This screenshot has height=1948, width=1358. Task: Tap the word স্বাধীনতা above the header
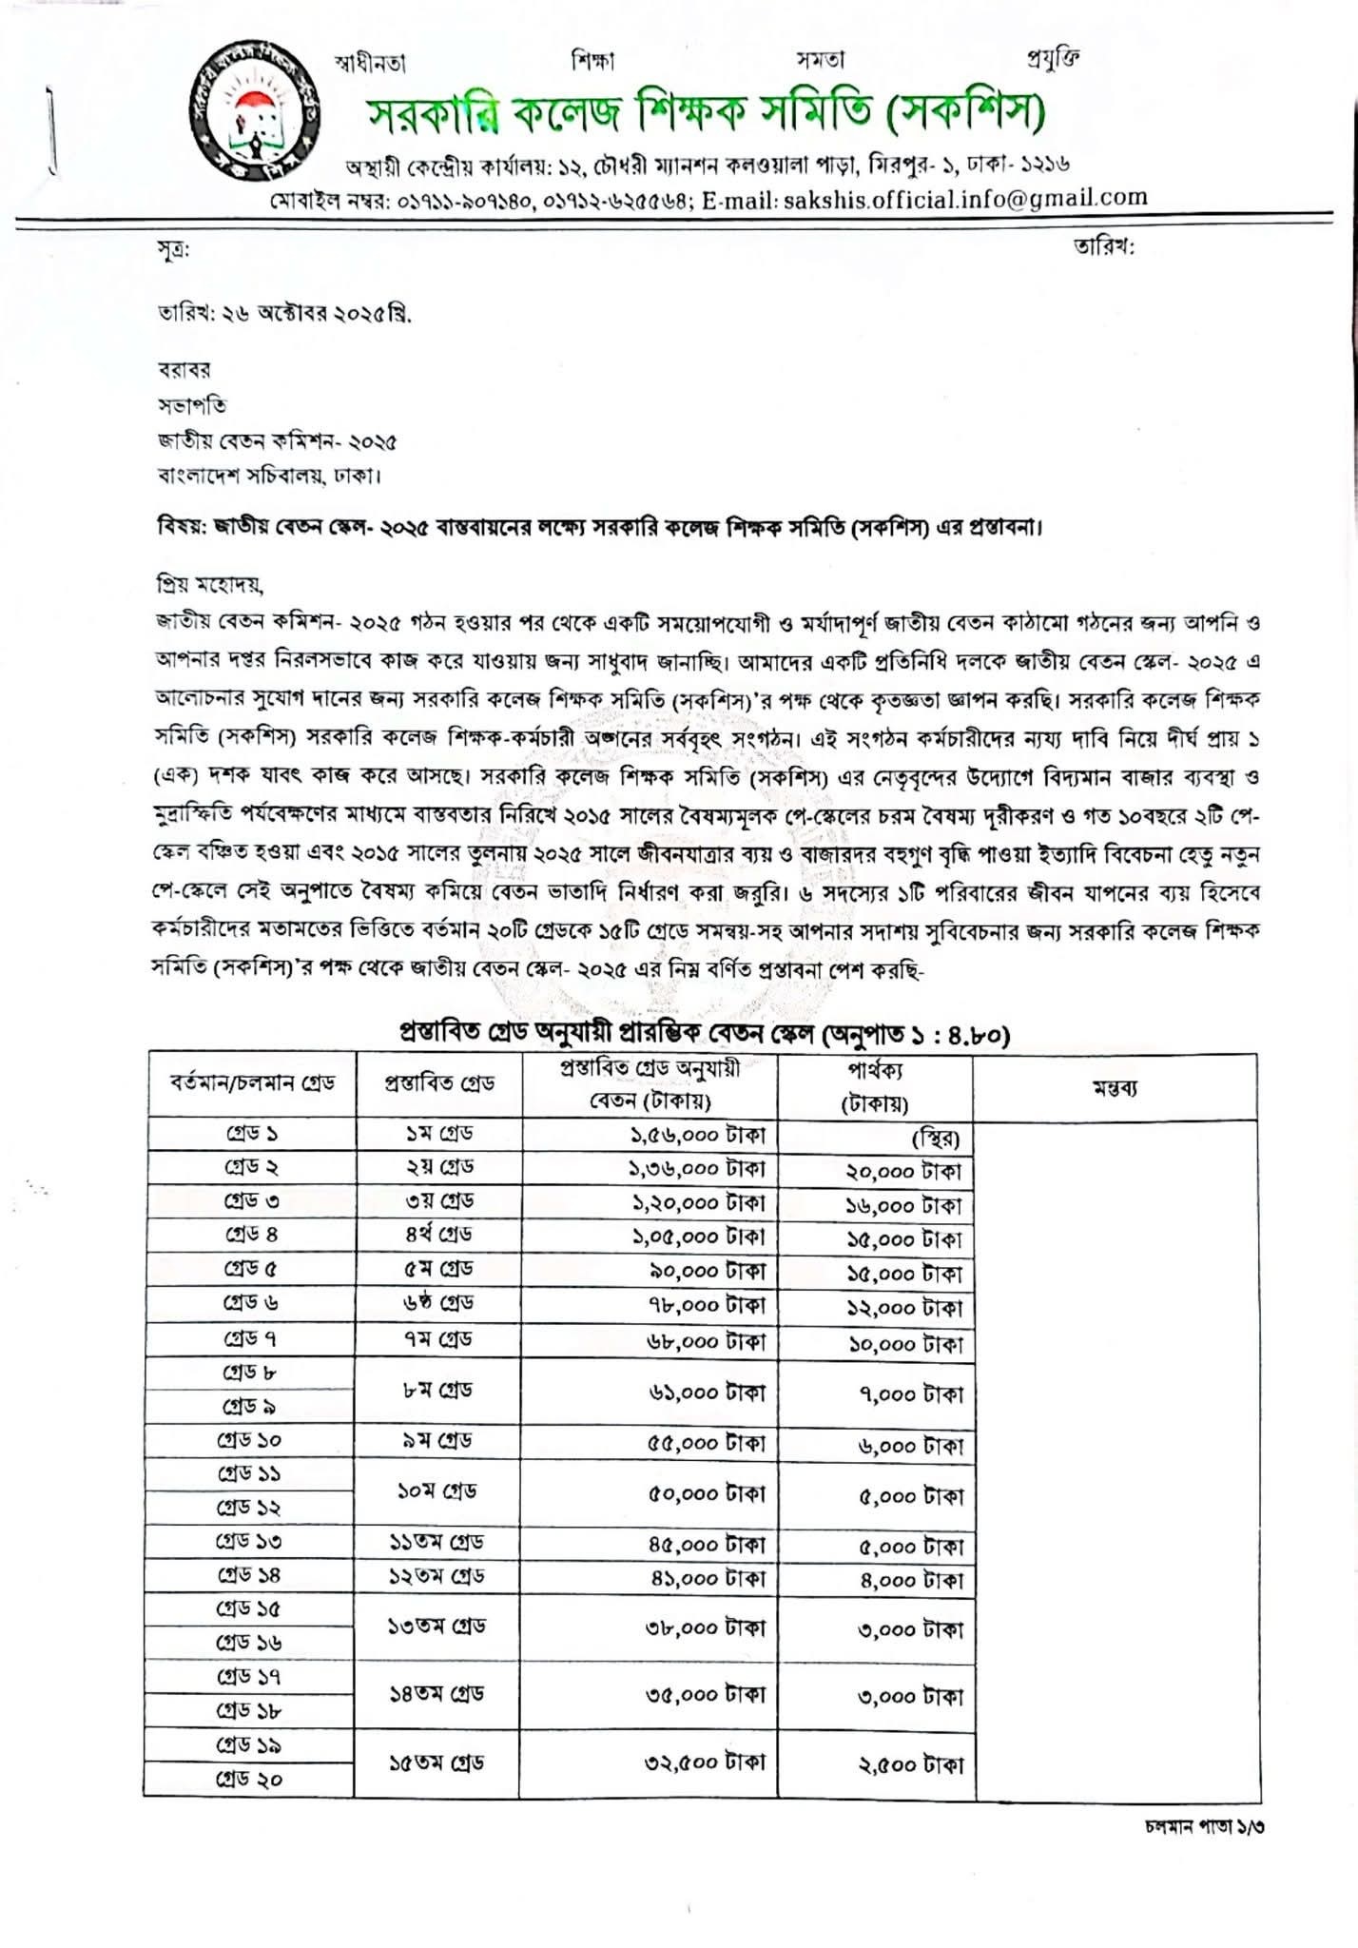(x=371, y=64)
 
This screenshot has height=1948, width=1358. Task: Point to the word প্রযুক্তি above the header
(x=1053, y=58)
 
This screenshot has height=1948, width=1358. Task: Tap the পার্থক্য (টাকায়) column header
(x=875, y=1087)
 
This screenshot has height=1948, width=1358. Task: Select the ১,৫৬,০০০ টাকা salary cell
(x=699, y=1135)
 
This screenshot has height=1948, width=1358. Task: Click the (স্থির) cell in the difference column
(x=935, y=1139)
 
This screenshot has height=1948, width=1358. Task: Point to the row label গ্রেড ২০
(x=249, y=1779)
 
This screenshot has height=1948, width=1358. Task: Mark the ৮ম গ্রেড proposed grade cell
(x=437, y=1390)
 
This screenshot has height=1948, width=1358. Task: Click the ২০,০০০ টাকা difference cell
(x=903, y=1172)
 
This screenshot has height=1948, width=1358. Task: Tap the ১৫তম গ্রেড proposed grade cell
(x=436, y=1763)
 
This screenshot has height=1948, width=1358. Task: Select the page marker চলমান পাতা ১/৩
(x=1205, y=1827)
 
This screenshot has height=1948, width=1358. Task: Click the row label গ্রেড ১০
(x=249, y=1440)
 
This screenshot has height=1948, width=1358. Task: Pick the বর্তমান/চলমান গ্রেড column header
(x=252, y=1083)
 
